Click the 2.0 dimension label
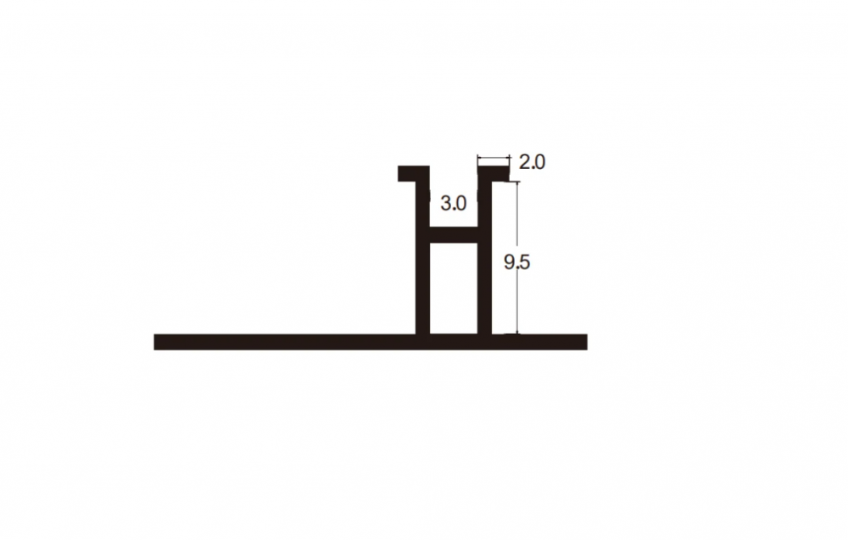(533, 162)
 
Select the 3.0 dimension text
(453, 204)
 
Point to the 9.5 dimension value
(517, 262)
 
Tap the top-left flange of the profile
(414, 173)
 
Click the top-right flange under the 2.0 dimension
(494, 173)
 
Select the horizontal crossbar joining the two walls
(454, 235)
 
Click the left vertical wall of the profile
(422, 258)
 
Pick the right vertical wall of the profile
(484, 258)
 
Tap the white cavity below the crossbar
(454, 288)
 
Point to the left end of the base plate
(154, 342)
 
